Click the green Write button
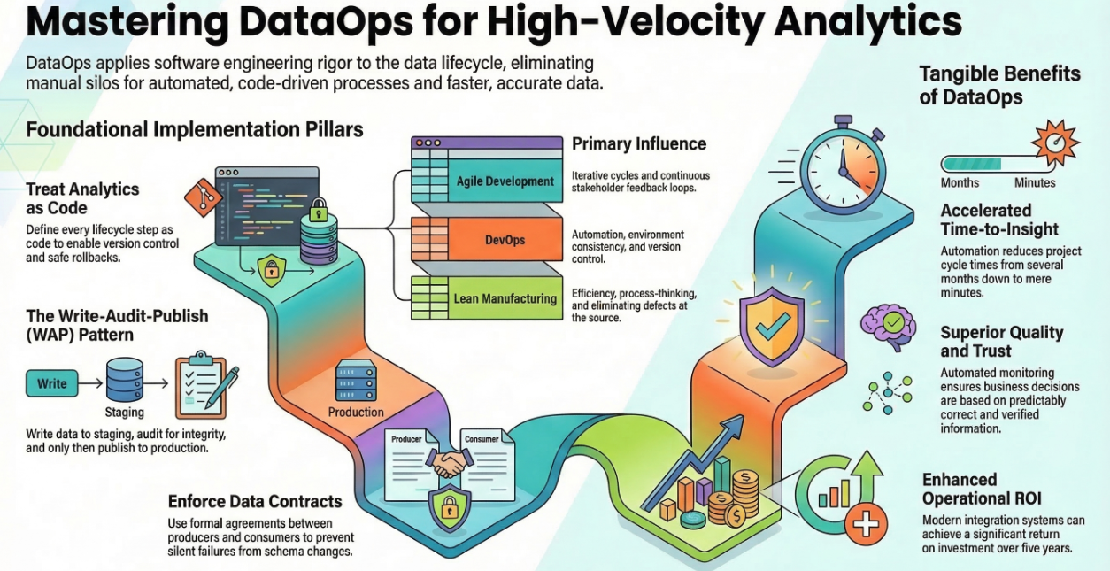coord(51,383)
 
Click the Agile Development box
coord(505,181)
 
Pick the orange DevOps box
coord(505,241)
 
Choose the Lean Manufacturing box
coord(505,299)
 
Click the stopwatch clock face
coord(843,166)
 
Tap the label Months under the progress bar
coord(960,182)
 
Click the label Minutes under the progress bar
coord(1035,182)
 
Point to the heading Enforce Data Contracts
coord(255,502)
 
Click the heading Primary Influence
coord(639,143)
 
